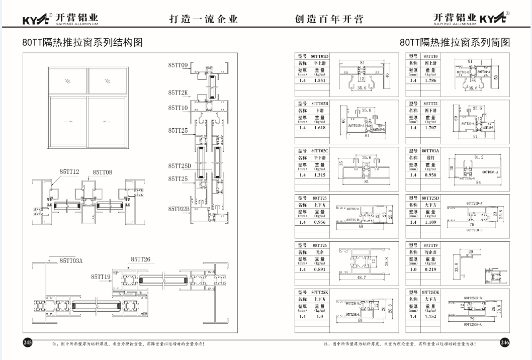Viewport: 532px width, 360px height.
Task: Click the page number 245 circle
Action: point(28,342)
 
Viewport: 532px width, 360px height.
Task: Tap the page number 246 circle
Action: point(504,342)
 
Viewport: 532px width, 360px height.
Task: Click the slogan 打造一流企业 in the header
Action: point(204,20)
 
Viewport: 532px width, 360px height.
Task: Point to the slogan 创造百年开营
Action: point(329,20)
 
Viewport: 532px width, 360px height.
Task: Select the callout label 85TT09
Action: point(178,65)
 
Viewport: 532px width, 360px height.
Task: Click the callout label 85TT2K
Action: point(178,93)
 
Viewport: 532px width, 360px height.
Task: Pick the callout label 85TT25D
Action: point(180,166)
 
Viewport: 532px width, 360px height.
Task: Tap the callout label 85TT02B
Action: point(180,209)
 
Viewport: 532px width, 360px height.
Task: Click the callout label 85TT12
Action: point(70,172)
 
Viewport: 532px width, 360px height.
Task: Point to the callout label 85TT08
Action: point(102,172)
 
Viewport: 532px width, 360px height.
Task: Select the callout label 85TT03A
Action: point(71,260)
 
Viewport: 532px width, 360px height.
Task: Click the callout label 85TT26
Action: point(140,259)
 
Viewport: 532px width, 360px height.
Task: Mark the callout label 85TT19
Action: point(101,277)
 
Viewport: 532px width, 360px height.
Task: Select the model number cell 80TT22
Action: point(430,104)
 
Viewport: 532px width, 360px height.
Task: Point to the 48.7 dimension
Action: point(358,277)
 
